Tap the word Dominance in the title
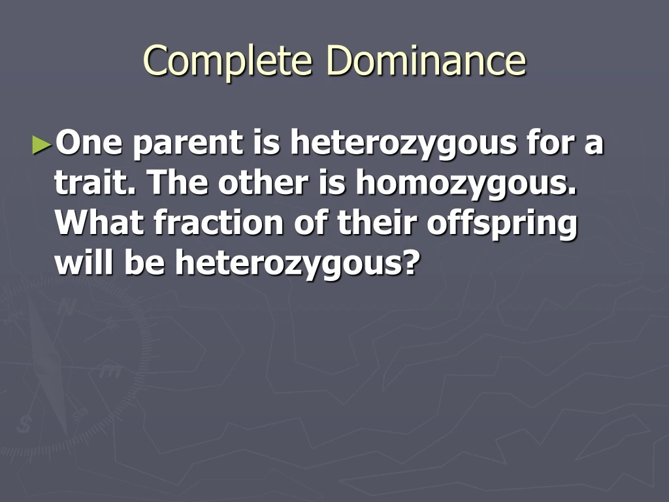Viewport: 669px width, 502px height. [x=426, y=60]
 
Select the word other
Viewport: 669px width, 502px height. [x=264, y=184]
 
